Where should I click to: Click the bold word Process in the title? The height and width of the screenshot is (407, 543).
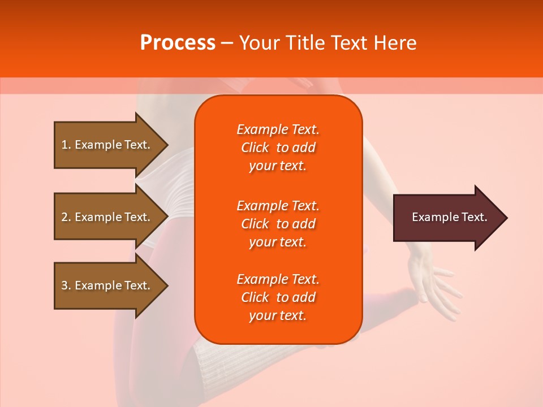178,43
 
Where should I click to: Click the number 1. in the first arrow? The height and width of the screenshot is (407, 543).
66,145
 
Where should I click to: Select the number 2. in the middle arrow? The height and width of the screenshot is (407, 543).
66,217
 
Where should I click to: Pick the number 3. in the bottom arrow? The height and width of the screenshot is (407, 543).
66,285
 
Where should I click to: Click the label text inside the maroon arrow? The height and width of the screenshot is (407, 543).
449,217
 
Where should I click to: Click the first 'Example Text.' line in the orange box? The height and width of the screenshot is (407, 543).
278,129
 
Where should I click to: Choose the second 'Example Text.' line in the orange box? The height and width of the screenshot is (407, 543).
278,205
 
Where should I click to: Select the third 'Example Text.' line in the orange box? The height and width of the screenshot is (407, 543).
278,279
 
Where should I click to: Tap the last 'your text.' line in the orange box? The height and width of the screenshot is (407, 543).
278,316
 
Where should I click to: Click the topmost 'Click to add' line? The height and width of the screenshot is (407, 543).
278,148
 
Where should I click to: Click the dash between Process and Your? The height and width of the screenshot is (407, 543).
227,43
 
